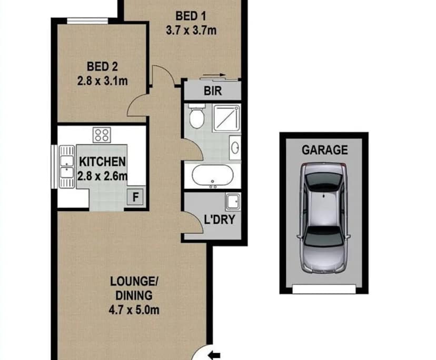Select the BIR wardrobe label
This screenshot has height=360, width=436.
[x=213, y=91]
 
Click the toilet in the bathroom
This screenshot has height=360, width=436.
[x=196, y=117]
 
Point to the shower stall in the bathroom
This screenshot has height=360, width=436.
[x=226, y=118]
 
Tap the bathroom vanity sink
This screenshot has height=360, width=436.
[x=236, y=146]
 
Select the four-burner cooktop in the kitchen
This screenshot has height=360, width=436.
[x=102, y=135]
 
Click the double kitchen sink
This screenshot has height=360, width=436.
[x=66, y=163]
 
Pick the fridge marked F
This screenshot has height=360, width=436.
[x=135, y=198]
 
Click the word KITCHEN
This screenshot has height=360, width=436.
[x=102, y=161]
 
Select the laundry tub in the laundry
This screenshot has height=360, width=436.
[x=232, y=201]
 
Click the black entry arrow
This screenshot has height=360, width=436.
[x=215, y=354]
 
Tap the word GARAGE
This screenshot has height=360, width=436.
[x=324, y=149]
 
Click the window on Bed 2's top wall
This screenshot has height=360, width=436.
[x=88, y=21]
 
